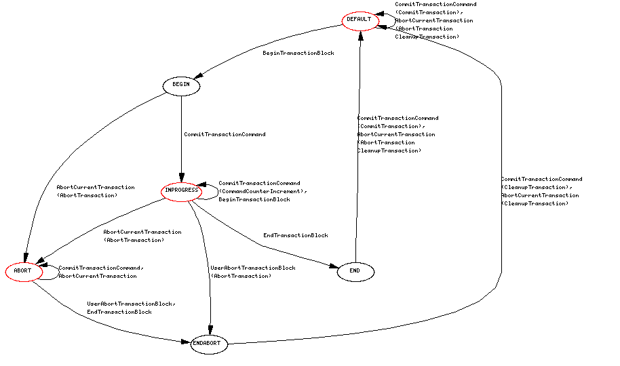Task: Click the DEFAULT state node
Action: [359, 20]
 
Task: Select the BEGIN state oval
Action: [181, 85]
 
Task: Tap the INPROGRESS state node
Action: [181, 191]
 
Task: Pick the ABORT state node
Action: [22, 271]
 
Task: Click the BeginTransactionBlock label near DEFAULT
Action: [298, 53]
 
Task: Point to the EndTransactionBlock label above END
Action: [295, 235]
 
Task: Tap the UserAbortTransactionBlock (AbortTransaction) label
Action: [252, 272]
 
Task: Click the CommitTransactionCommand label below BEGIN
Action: [225, 134]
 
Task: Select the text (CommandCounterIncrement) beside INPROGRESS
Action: [262, 191]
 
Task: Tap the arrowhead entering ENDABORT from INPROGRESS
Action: [210, 329]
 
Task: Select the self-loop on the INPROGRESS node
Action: [210, 190]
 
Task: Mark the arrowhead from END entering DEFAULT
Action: [360, 35]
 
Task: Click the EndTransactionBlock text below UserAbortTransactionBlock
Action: [119, 312]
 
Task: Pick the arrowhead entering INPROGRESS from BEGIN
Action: [181, 178]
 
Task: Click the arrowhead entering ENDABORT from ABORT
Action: [186, 342]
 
